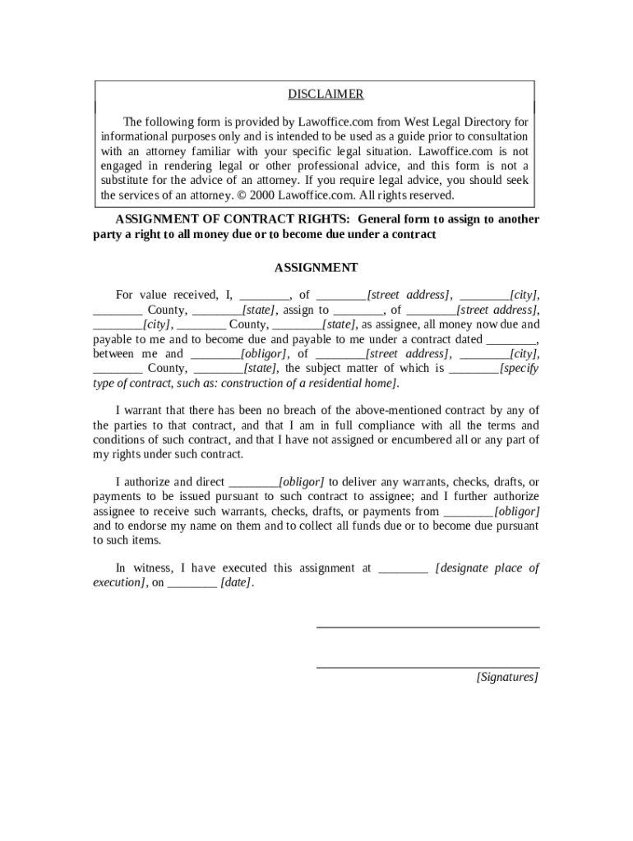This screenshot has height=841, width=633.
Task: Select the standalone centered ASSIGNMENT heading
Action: click(316, 268)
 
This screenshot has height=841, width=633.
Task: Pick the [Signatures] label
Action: click(507, 678)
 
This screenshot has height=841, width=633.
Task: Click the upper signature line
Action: click(427, 627)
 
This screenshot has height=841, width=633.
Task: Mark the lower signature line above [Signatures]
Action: click(427, 667)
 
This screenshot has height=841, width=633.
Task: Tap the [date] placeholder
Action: click(237, 583)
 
